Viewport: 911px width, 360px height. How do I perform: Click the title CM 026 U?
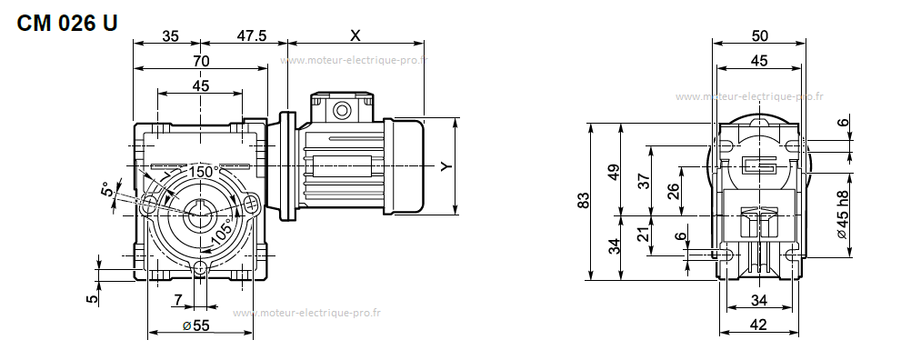tap(67, 23)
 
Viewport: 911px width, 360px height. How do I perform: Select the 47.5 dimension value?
tap(252, 35)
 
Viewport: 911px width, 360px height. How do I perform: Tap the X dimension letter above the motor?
tap(355, 35)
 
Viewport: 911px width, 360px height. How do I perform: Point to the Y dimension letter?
tap(445, 166)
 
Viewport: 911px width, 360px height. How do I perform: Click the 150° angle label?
tap(204, 172)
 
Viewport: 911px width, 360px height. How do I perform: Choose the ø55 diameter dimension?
tap(195, 325)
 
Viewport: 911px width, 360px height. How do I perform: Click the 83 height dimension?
tap(584, 200)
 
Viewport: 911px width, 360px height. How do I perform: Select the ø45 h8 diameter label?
tap(844, 215)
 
